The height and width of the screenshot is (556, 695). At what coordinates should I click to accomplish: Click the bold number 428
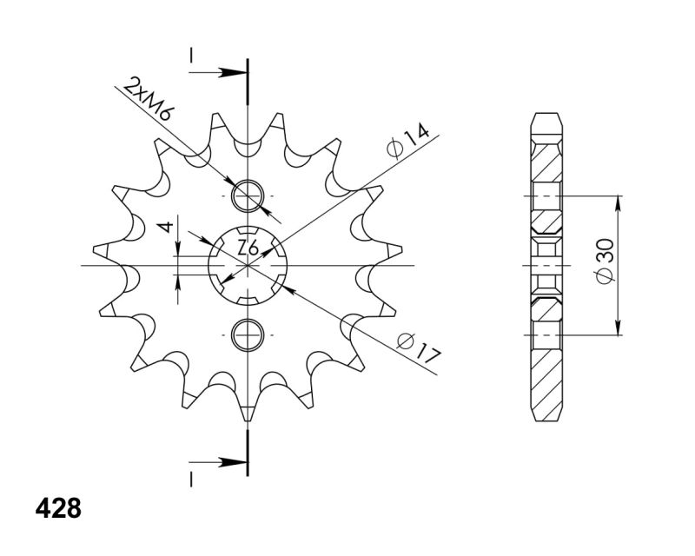pyautogui.click(x=58, y=508)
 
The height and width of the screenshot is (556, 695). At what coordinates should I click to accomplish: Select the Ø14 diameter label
pyautogui.click(x=407, y=141)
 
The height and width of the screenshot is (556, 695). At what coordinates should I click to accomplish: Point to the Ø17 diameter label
pyautogui.click(x=420, y=348)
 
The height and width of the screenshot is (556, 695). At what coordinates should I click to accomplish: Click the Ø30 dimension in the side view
pyautogui.click(x=606, y=261)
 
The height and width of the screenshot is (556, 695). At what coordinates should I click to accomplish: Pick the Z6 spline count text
pyautogui.click(x=248, y=248)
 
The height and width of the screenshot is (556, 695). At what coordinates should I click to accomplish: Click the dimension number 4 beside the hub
pyautogui.click(x=166, y=228)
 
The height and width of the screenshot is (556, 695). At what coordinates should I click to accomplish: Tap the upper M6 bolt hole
pyautogui.click(x=248, y=196)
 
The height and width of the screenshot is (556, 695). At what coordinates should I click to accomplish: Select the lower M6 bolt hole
pyautogui.click(x=248, y=334)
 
